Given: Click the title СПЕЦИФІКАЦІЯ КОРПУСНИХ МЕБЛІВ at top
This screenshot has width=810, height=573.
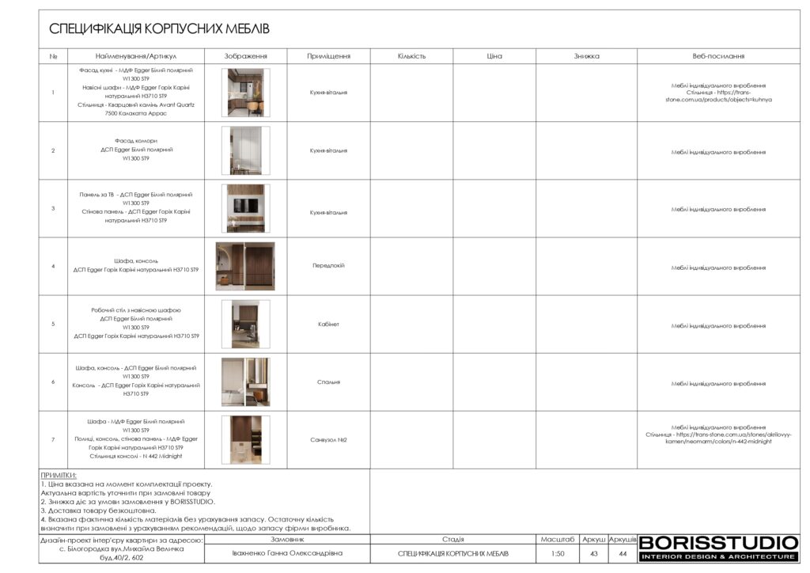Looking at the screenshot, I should (x=160, y=29).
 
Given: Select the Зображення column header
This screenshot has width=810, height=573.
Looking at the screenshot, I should (x=245, y=56).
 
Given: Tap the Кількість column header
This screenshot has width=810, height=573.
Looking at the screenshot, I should (x=411, y=56).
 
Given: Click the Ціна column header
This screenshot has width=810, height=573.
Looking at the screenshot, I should (x=494, y=56).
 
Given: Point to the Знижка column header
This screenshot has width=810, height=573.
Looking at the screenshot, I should (x=586, y=56).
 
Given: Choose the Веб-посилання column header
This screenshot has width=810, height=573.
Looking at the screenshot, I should (x=718, y=56).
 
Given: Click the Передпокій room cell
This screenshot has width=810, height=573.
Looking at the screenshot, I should (x=328, y=266).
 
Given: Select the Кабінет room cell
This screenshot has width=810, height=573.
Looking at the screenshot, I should (x=328, y=324).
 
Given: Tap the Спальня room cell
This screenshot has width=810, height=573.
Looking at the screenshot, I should (x=328, y=381).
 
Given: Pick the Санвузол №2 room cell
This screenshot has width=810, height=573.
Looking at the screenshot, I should (x=328, y=439).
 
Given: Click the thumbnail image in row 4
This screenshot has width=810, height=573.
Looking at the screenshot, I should (x=245, y=266).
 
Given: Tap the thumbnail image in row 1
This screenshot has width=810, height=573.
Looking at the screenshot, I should (x=245, y=93).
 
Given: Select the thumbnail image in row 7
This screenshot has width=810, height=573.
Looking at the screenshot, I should (x=245, y=439).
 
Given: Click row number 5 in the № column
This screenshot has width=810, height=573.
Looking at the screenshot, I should (x=53, y=324).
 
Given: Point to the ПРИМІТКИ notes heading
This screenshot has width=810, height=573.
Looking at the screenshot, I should (x=59, y=475).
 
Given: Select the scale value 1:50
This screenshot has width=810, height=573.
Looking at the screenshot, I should (x=558, y=553).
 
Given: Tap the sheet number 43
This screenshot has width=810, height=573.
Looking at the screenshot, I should (x=593, y=553).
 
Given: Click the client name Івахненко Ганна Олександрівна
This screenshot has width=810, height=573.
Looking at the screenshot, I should (x=286, y=553).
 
